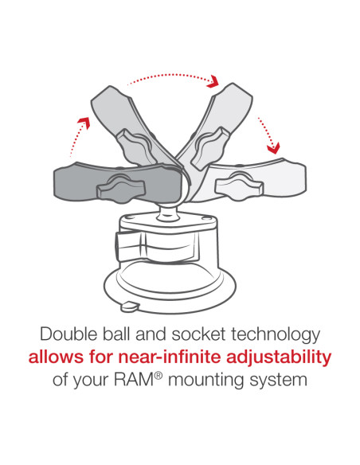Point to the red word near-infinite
pos(170,357)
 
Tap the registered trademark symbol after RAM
pos(158,376)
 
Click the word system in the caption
pos(278,381)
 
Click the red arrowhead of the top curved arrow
pos(213,81)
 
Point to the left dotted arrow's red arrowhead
pos(84,123)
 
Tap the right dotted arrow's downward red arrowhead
pos(273,149)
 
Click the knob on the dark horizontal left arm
pos(121,188)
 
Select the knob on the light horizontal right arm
pos(239,186)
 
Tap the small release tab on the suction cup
pos(130,306)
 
